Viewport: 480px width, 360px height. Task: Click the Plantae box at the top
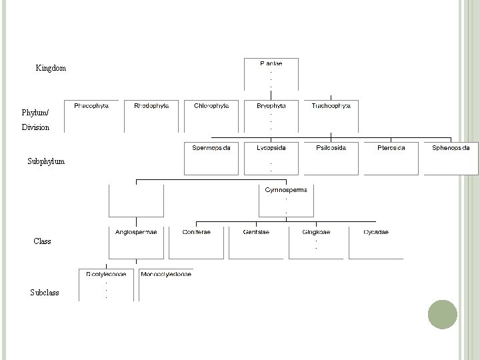pos(271,64)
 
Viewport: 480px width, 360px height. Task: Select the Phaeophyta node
pos(91,106)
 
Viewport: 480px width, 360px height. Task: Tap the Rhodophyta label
pos(151,106)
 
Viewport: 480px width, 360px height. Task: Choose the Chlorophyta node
pos(211,106)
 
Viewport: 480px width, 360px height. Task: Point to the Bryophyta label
pos(271,106)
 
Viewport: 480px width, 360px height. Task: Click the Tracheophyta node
pos(331,106)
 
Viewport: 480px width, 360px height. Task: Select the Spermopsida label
pos(211,147)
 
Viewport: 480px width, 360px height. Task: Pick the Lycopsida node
pos(271,147)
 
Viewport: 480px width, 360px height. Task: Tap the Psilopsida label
pos(331,147)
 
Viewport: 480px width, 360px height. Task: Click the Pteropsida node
pos(391,147)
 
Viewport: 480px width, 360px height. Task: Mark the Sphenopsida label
pos(451,147)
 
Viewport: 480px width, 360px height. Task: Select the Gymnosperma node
pos(286,190)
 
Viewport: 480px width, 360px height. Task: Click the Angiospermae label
pos(136,232)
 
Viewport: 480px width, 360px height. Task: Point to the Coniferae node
pos(196,232)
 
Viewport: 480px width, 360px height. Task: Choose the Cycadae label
pos(376,232)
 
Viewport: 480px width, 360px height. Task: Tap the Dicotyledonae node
pos(106,274)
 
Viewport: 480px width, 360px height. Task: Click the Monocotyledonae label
pos(166,274)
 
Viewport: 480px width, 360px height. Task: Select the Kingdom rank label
pos(51,69)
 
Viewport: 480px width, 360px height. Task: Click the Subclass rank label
pos(45,293)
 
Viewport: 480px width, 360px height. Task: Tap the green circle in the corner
pos(442,314)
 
